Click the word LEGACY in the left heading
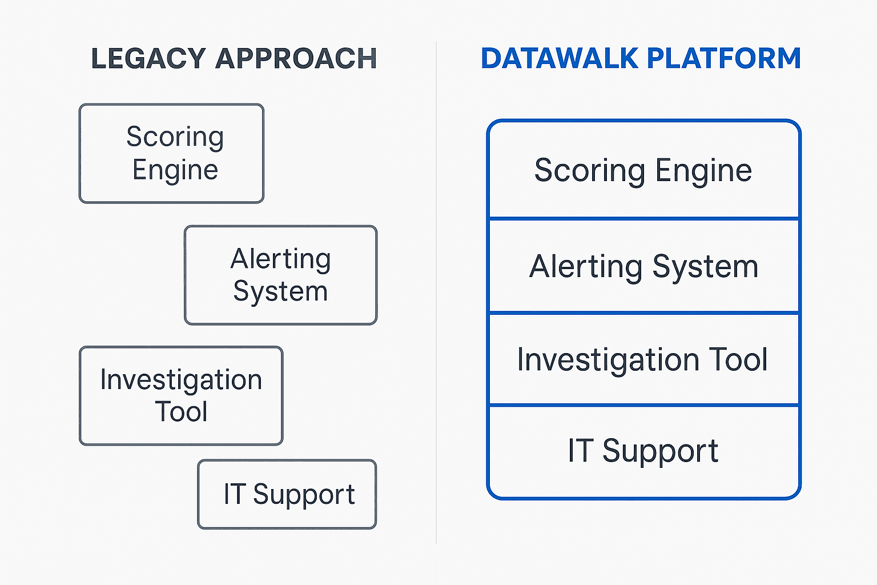148,58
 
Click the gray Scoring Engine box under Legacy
171,153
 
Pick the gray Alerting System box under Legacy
280,275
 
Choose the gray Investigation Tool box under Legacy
181,395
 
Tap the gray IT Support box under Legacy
287,494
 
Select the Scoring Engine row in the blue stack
643,170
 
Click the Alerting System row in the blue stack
643,266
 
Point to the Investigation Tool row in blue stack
643,360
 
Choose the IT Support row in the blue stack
643,451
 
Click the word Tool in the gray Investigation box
182,412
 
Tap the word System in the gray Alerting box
280,292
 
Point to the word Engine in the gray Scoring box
175,170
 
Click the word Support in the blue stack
660,451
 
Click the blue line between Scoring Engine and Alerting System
643,218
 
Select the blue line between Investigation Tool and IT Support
643,406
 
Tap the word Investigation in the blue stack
608,360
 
